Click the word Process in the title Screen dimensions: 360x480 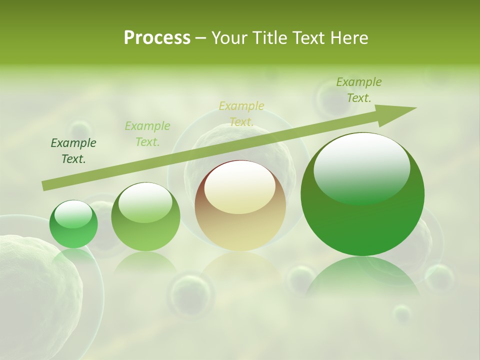[x=157, y=38]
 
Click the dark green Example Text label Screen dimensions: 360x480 [x=73, y=151]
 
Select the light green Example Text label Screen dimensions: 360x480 [x=147, y=134]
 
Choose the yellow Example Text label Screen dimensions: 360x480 [x=241, y=113]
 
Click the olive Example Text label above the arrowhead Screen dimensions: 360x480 [x=359, y=90]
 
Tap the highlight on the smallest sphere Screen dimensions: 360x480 [x=73, y=214]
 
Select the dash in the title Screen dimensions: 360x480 [x=201, y=38]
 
